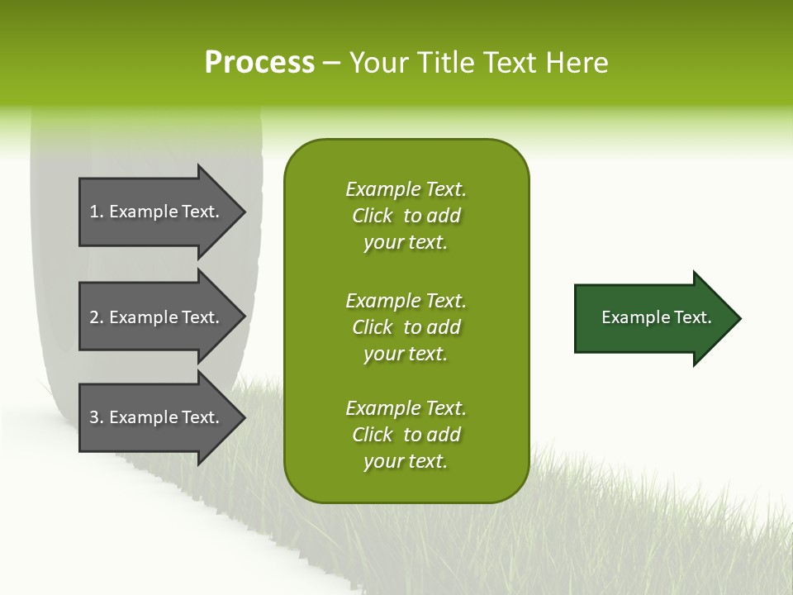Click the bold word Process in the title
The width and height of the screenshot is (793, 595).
(x=259, y=63)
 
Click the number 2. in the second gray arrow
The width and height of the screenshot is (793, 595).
(x=96, y=317)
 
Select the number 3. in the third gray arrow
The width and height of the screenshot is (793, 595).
(x=96, y=417)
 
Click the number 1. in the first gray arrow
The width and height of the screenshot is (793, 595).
(x=96, y=212)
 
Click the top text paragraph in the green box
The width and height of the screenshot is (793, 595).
(x=406, y=216)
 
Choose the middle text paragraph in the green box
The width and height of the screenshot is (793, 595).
(x=406, y=327)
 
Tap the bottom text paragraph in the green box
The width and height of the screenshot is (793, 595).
(x=406, y=435)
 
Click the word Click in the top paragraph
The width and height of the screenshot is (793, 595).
(x=372, y=216)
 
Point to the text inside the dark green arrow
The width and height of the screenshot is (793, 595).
(x=657, y=317)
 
